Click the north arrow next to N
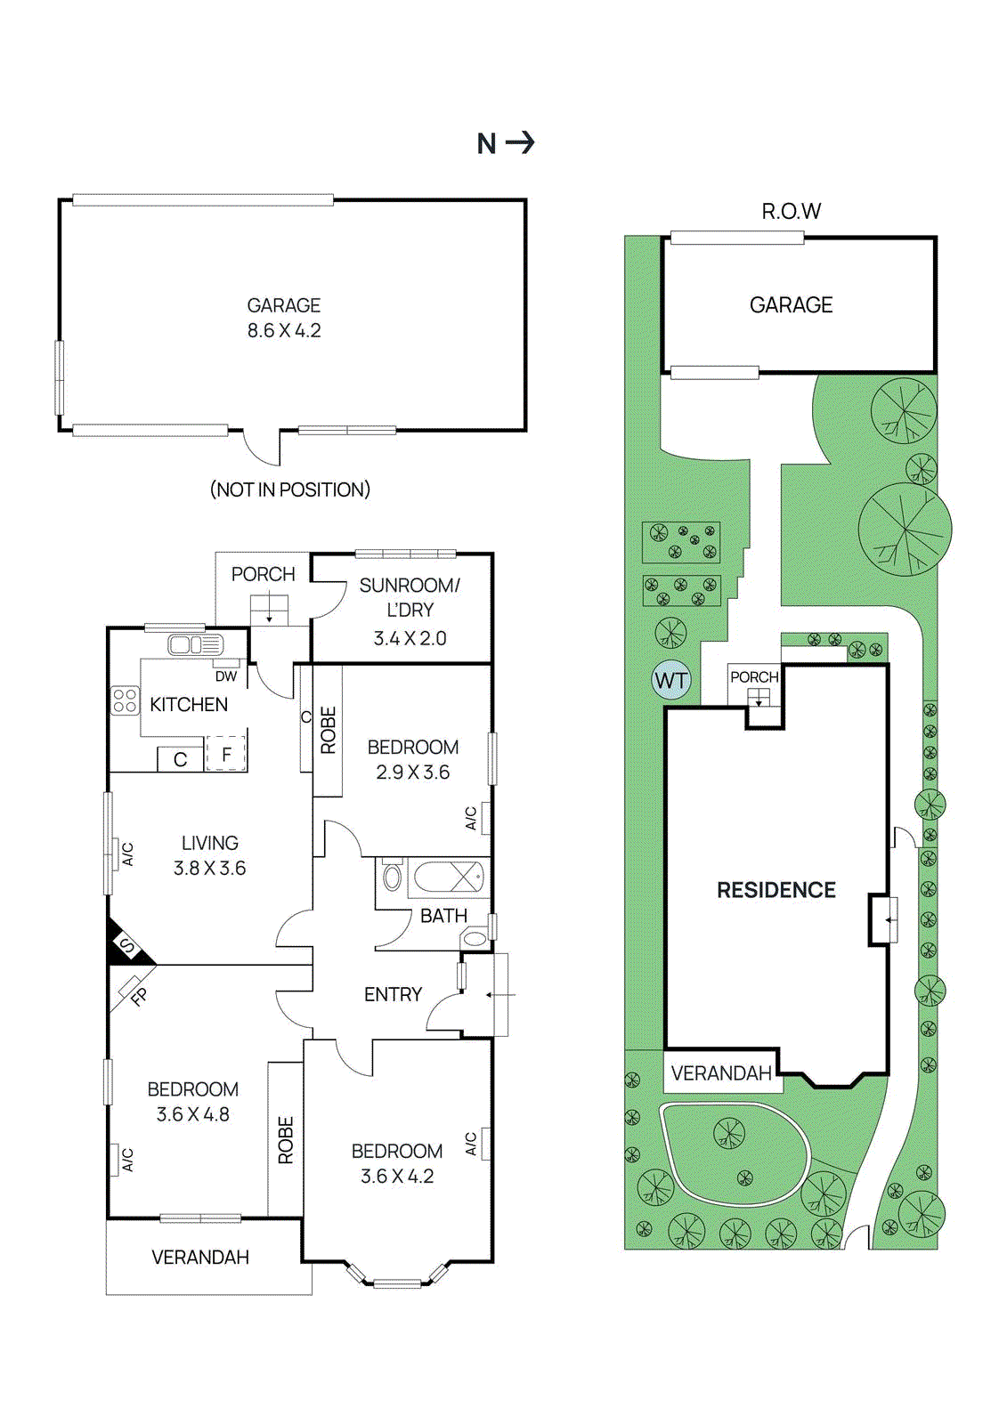pyautogui.click(x=520, y=142)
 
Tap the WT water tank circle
pyautogui.click(x=670, y=682)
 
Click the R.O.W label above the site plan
pyautogui.click(x=791, y=212)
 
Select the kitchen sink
pyautogui.click(x=195, y=644)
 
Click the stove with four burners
pyautogui.click(x=125, y=700)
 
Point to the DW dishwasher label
pyautogui.click(x=226, y=676)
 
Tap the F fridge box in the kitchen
pyautogui.click(x=226, y=755)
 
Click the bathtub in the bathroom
pyautogui.click(x=449, y=878)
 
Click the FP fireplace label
pyautogui.click(x=138, y=997)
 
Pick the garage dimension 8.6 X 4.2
pyautogui.click(x=284, y=330)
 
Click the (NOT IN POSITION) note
pyautogui.click(x=289, y=489)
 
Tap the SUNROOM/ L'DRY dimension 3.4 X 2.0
pyautogui.click(x=410, y=638)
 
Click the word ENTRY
pyautogui.click(x=393, y=994)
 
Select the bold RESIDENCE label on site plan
pyautogui.click(x=776, y=890)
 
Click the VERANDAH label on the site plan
pyautogui.click(x=721, y=1073)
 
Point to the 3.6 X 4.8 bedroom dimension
pyautogui.click(x=192, y=1114)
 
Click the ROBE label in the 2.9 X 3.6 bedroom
pyautogui.click(x=328, y=730)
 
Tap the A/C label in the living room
pyautogui.click(x=127, y=854)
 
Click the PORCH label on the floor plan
pyautogui.click(x=263, y=574)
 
